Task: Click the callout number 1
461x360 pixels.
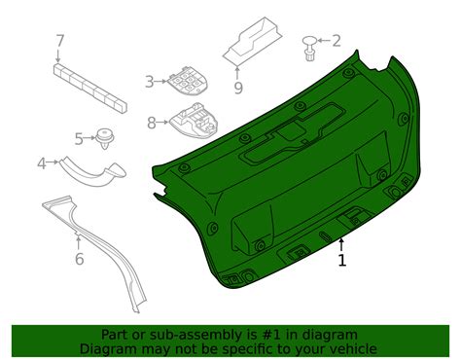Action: tap(341, 261)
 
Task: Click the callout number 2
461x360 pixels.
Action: tap(337, 41)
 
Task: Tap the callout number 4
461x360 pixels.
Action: tap(42, 163)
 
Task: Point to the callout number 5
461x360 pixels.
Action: tap(78, 139)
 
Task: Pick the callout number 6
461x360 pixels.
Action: tap(79, 258)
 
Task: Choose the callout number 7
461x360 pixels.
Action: tap(59, 41)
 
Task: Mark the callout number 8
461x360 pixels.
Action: tap(152, 123)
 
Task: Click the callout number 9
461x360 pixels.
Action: tap(237, 87)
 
